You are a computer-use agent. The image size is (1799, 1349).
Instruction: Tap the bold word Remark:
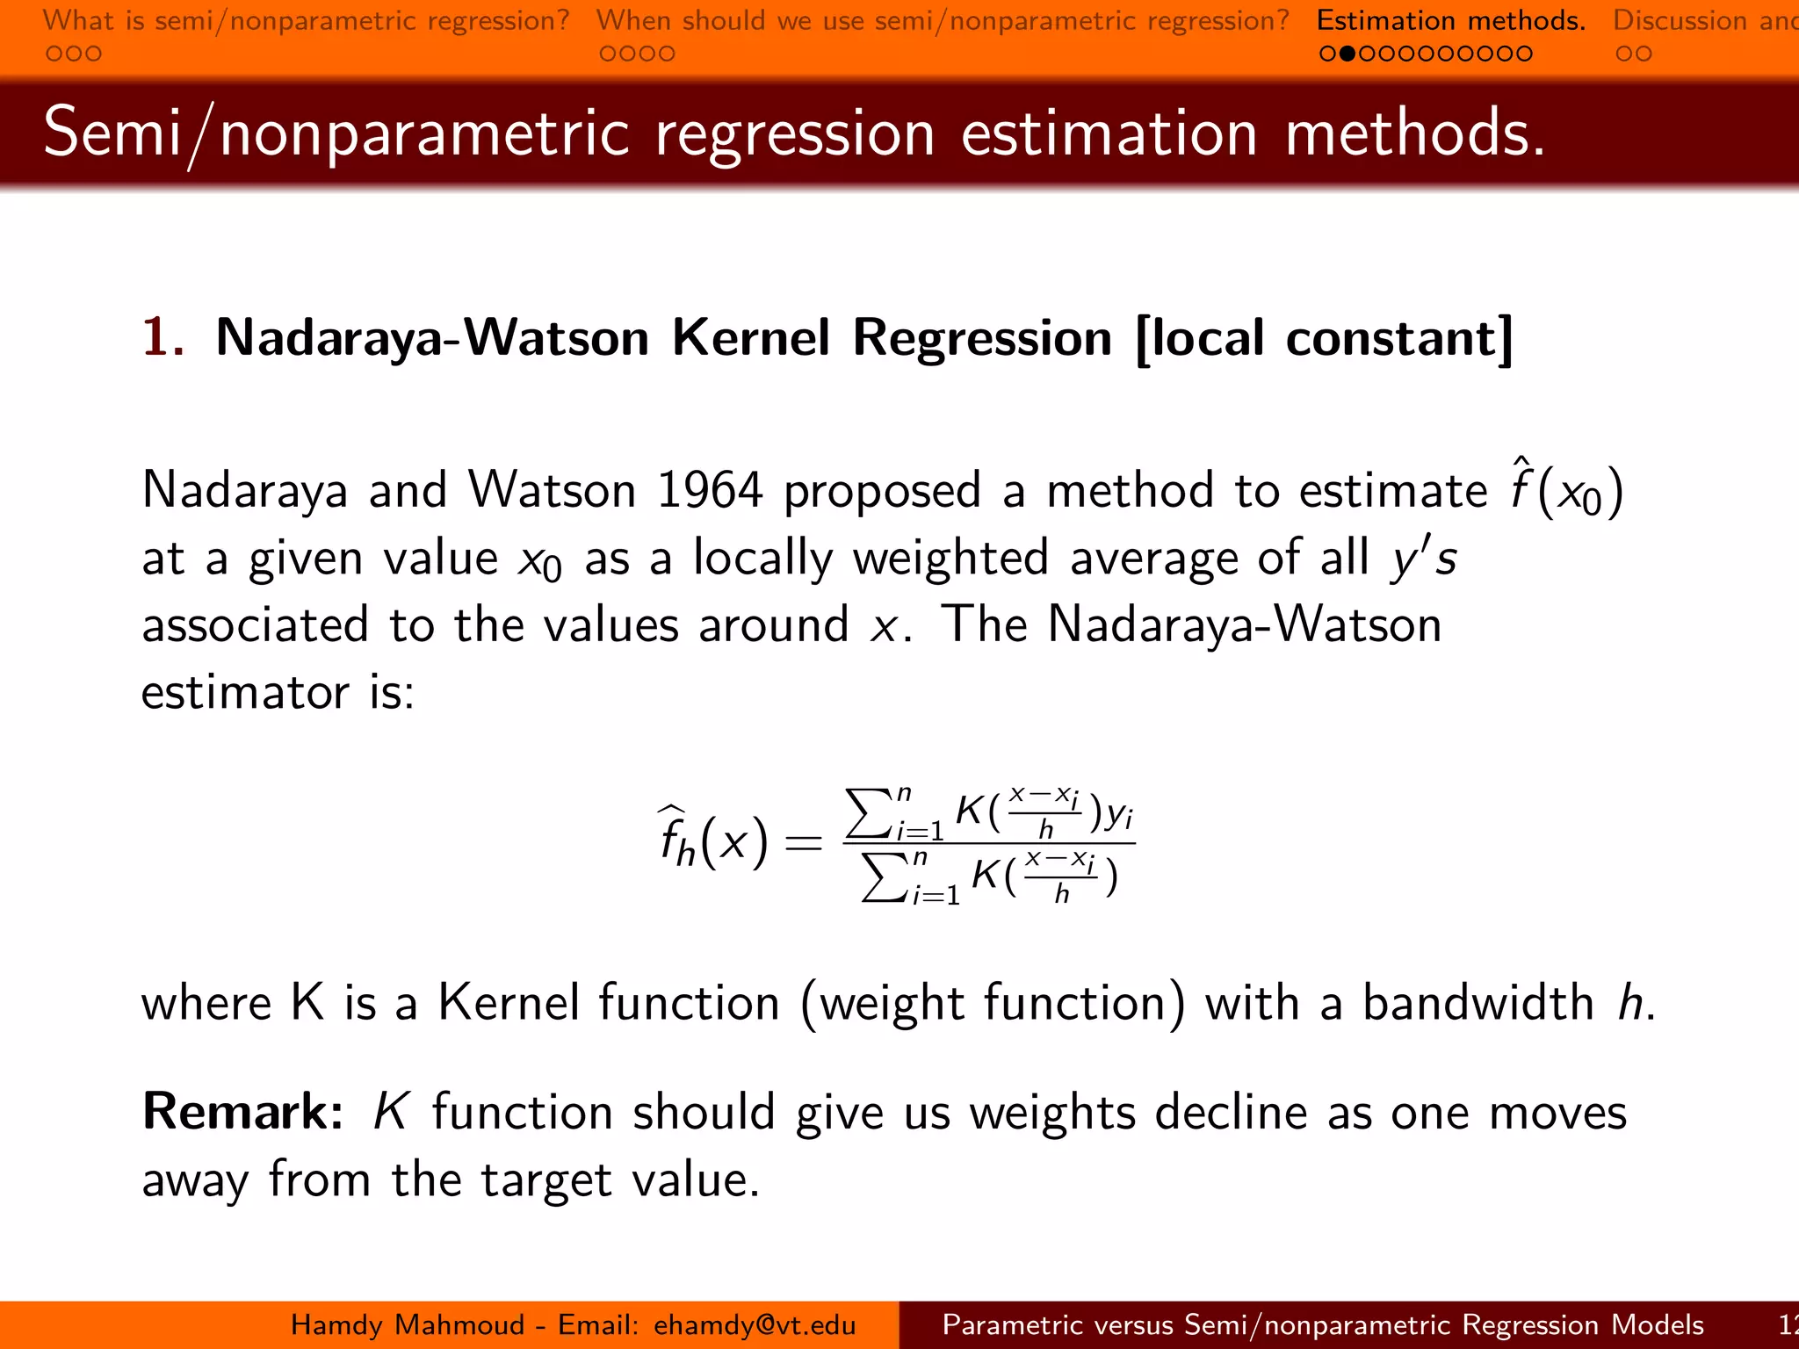(242, 1112)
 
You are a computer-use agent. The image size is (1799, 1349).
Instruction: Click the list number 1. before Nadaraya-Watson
(163, 337)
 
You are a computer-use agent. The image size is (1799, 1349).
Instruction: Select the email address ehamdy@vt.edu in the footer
(755, 1324)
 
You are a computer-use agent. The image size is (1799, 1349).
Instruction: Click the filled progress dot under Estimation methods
(1347, 54)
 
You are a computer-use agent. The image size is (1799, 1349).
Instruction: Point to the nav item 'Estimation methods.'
(1451, 20)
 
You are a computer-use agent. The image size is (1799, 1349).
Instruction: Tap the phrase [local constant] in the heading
(1324, 338)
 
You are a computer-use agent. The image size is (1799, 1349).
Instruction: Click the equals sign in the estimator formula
(803, 844)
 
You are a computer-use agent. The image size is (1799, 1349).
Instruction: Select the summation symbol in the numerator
(866, 813)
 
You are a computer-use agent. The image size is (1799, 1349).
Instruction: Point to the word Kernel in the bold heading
(750, 338)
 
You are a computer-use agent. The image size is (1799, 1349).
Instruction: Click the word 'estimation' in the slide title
(1109, 133)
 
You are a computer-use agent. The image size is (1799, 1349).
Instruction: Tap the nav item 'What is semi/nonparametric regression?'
(307, 20)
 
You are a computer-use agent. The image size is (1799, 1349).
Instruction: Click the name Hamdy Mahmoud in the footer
(408, 1324)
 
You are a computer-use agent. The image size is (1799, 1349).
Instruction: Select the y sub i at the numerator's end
(1119, 815)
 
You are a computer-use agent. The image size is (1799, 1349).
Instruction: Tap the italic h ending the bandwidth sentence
(1630, 1003)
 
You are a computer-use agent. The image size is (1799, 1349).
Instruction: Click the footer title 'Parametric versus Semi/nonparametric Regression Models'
(1323, 1324)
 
